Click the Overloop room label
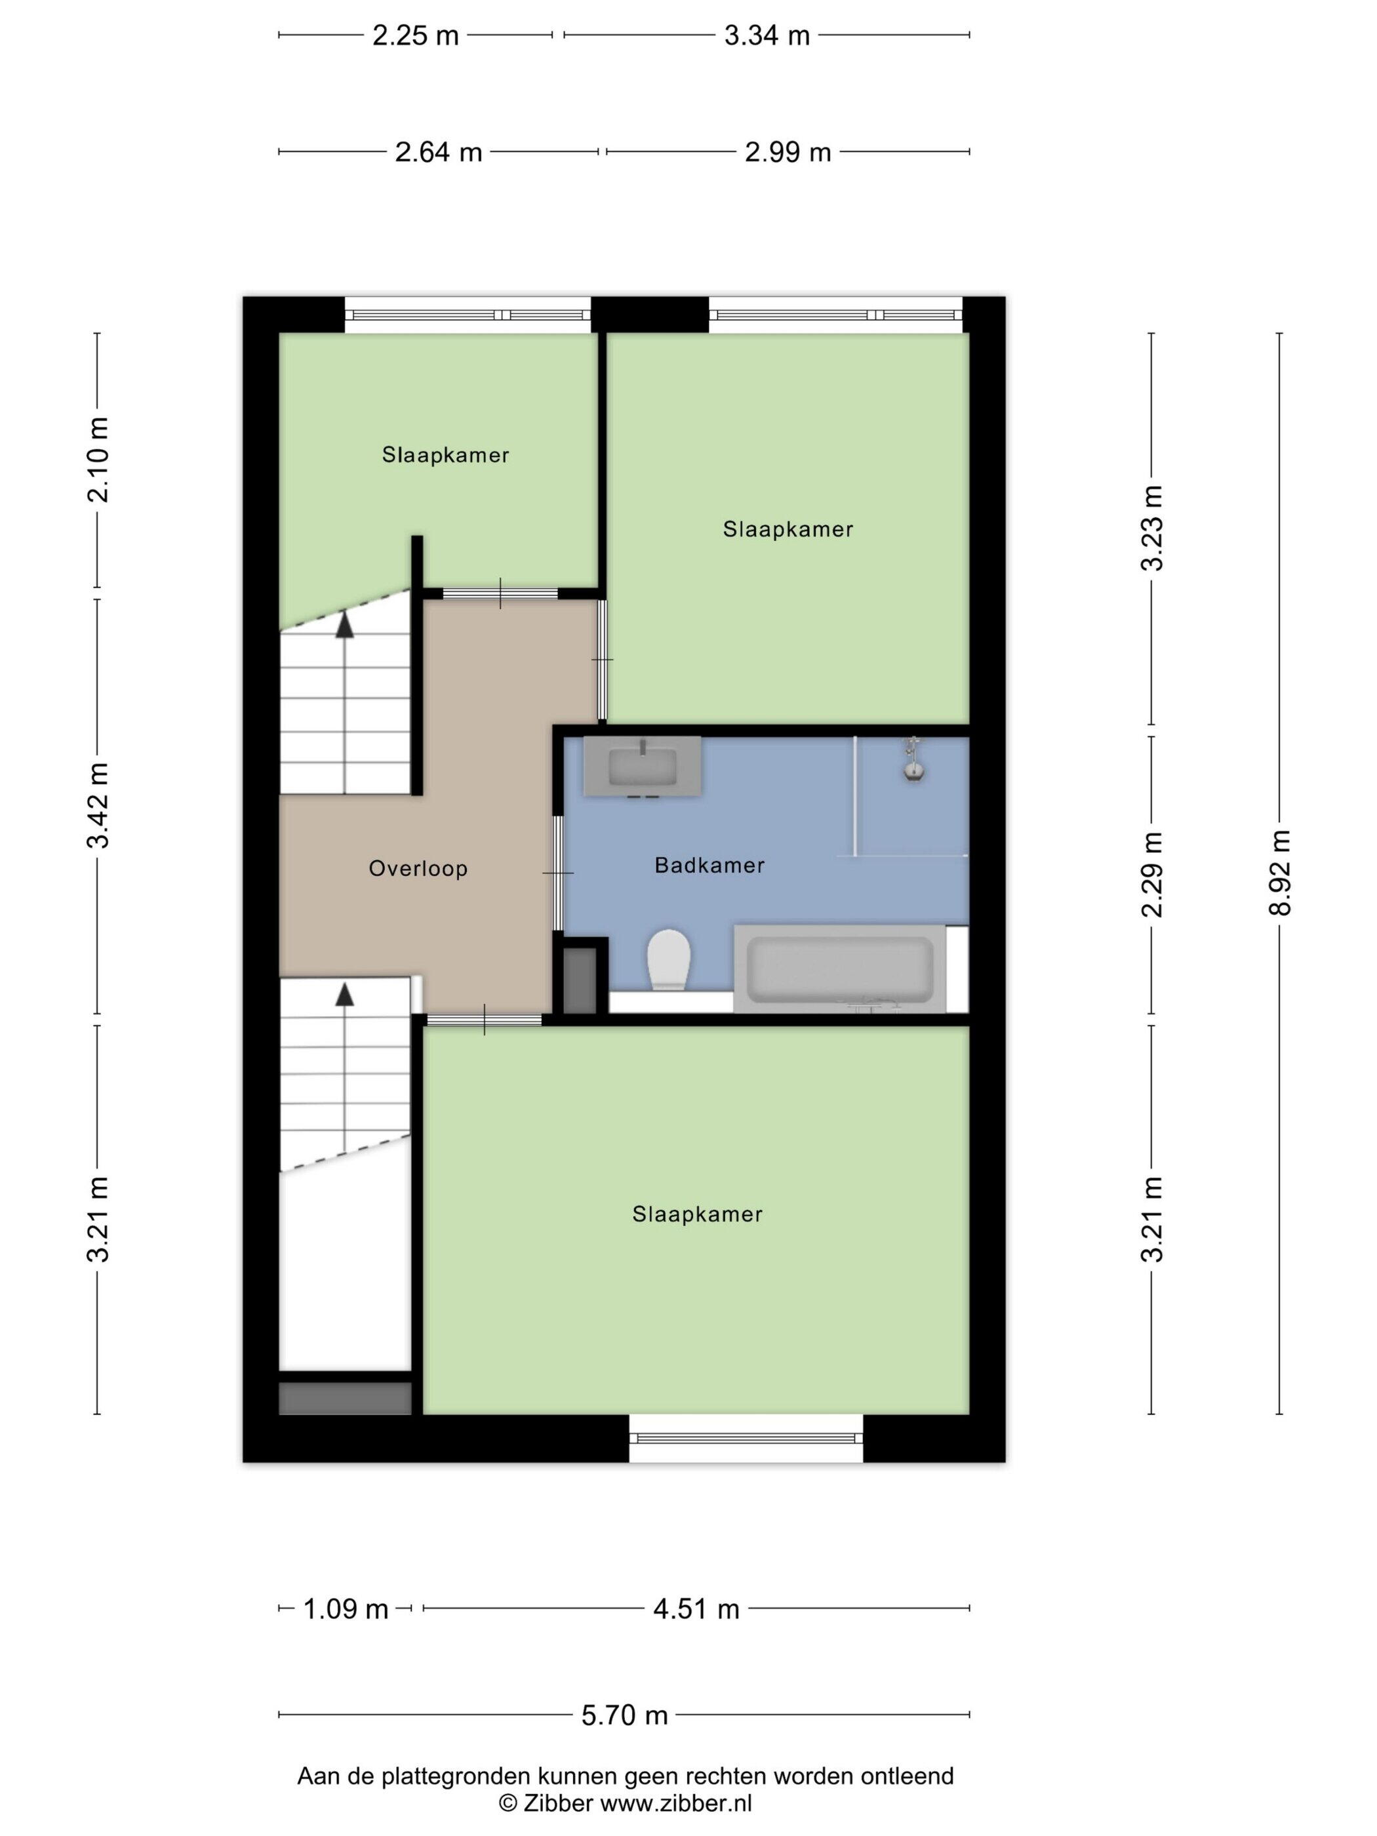click(418, 868)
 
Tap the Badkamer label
click(709, 865)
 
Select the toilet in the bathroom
click(669, 959)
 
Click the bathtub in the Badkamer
click(840, 968)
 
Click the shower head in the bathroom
click(913, 759)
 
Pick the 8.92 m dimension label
click(1279, 872)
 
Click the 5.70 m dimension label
click(624, 1714)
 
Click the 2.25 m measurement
click(415, 35)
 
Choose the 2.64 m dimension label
click(438, 152)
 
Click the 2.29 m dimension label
click(1151, 874)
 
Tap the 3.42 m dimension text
click(98, 805)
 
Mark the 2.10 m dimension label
click(98, 460)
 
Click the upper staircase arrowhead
click(344, 624)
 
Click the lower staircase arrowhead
click(344, 993)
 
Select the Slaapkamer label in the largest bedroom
click(697, 1214)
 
